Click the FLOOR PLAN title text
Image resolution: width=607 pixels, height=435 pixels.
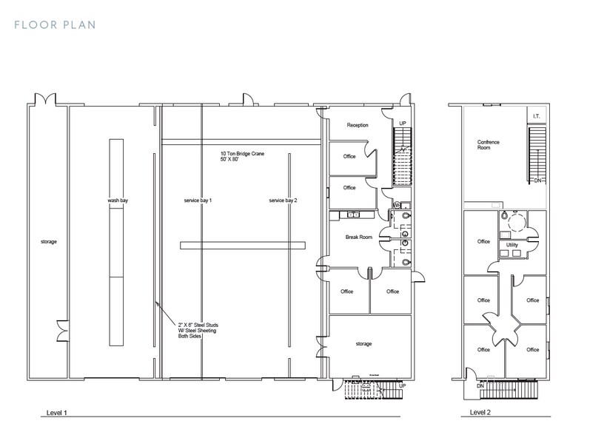(x=55, y=25)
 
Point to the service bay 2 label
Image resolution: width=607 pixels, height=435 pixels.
(x=283, y=200)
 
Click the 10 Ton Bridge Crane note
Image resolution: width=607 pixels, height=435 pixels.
(x=242, y=157)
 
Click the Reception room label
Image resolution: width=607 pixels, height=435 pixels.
(x=358, y=125)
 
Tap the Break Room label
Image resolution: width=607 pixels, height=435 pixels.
(x=358, y=237)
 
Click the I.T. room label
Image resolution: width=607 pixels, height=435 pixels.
(x=537, y=115)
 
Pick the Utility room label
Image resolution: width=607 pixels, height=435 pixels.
(x=512, y=244)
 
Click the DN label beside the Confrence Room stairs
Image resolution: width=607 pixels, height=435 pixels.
(x=537, y=180)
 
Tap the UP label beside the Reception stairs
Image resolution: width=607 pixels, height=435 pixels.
(x=403, y=123)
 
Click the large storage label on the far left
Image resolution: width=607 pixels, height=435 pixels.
(x=49, y=241)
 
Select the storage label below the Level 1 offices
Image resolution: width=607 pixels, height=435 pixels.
(x=363, y=343)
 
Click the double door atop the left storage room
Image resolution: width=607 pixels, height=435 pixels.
(x=44, y=100)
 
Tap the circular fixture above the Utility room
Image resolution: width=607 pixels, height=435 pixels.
(x=517, y=219)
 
